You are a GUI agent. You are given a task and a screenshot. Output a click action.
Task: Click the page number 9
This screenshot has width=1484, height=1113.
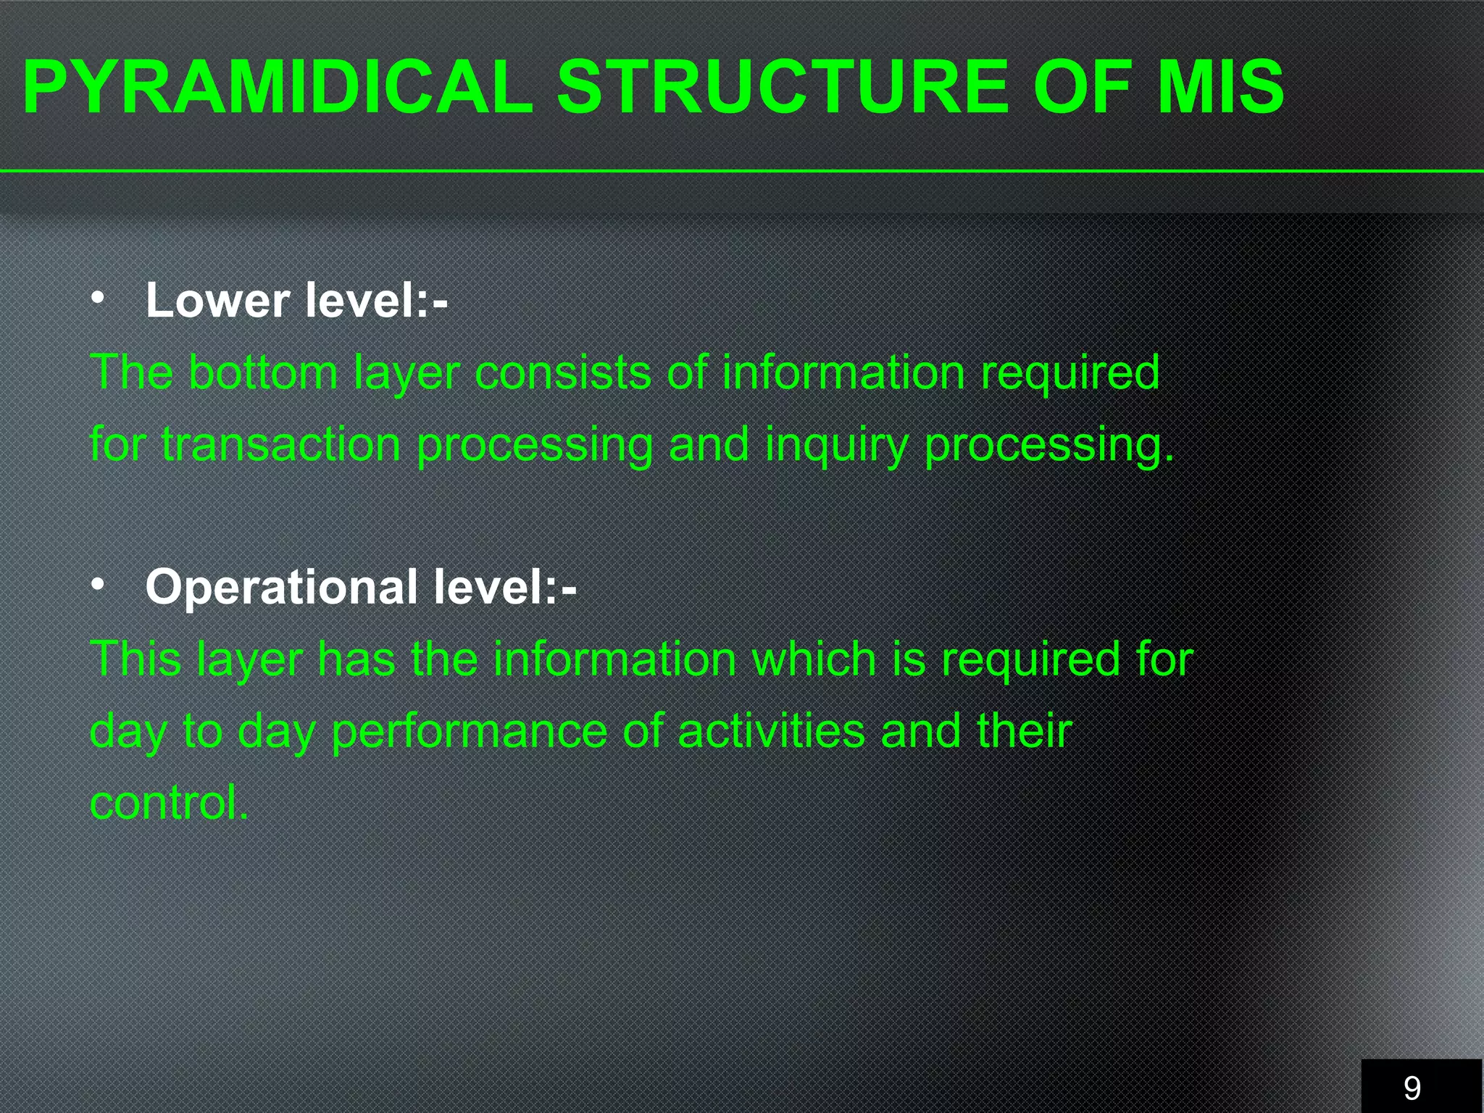(x=1412, y=1088)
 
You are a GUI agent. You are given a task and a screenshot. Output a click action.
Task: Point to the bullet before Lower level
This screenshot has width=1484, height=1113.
(x=99, y=297)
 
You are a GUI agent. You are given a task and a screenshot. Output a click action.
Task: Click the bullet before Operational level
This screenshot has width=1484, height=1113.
(x=99, y=583)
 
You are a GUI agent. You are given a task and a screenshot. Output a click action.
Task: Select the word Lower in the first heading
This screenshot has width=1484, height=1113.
(x=217, y=300)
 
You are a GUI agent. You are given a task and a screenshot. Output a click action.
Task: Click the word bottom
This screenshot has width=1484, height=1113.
(x=263, y=372)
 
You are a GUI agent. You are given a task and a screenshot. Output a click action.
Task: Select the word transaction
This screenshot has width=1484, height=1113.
(x=281, y=443)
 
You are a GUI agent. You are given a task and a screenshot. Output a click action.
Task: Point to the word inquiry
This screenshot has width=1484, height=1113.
(x=837, y=445)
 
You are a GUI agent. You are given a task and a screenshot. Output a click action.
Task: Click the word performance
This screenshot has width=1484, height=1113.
(x=469, y=731)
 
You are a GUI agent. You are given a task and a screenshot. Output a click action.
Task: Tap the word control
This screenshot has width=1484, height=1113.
(x=169, y=802)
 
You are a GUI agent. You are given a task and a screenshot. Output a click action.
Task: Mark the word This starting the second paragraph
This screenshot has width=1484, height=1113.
(x=136, y=659)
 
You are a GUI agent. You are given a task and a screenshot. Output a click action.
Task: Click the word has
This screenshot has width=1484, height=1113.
(x=357, y=659)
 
